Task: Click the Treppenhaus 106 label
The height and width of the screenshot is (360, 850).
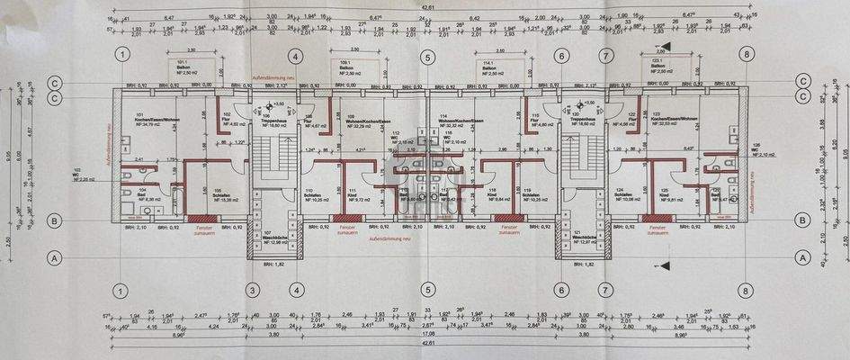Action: [273, 121]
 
